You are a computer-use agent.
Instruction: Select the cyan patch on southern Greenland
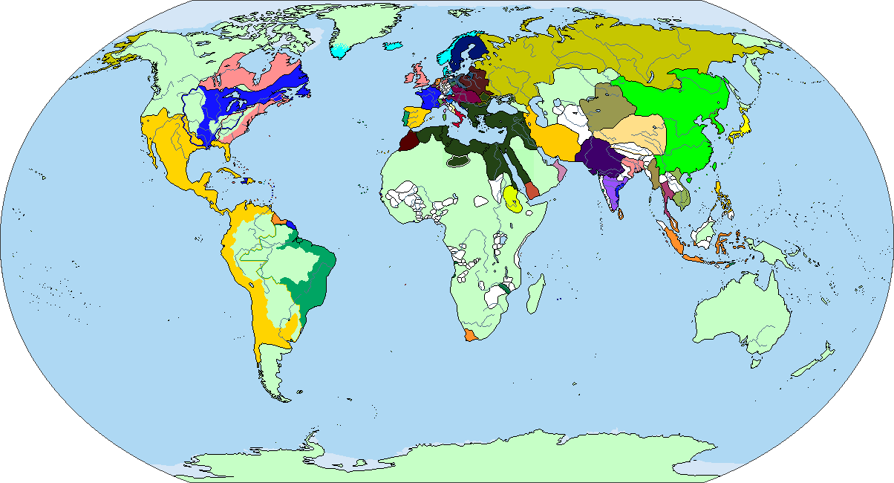click(x=340, y=51)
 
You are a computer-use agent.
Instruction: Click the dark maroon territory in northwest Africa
click(x=408, y=142)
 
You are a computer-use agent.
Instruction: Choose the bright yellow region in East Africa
click(x=512, y=198)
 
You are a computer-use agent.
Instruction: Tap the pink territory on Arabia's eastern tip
click(x=561, y=173)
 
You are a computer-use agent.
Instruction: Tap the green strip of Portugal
click(x=405, y=117)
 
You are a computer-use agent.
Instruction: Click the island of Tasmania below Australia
click(x=757, y=362)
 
